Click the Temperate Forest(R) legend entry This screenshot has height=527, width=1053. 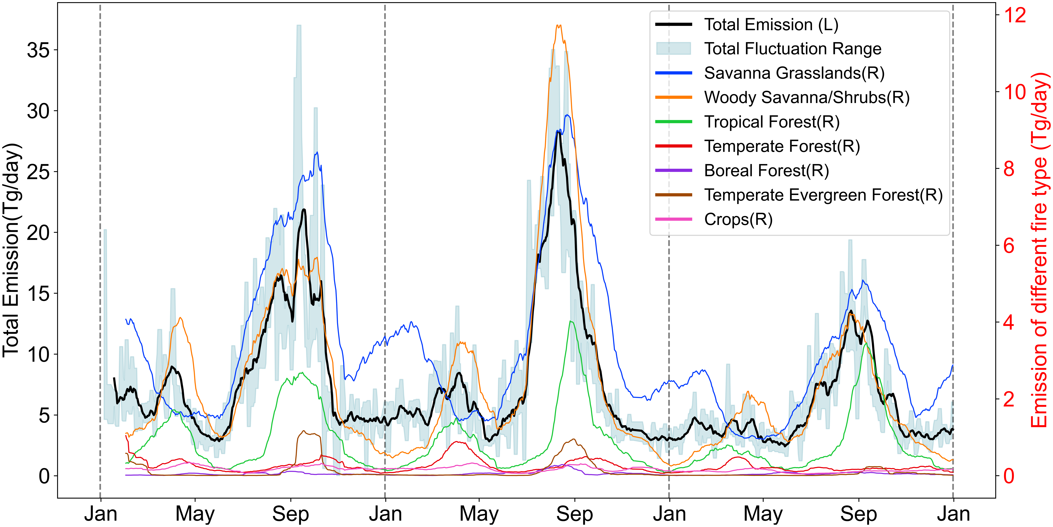pos(782,146)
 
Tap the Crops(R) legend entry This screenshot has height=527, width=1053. pos(738,219)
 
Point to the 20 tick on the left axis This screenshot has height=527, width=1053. pos(38,233)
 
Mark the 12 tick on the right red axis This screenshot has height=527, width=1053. pos(1015,15)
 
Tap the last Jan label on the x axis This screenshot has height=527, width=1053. pos(953,514)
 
